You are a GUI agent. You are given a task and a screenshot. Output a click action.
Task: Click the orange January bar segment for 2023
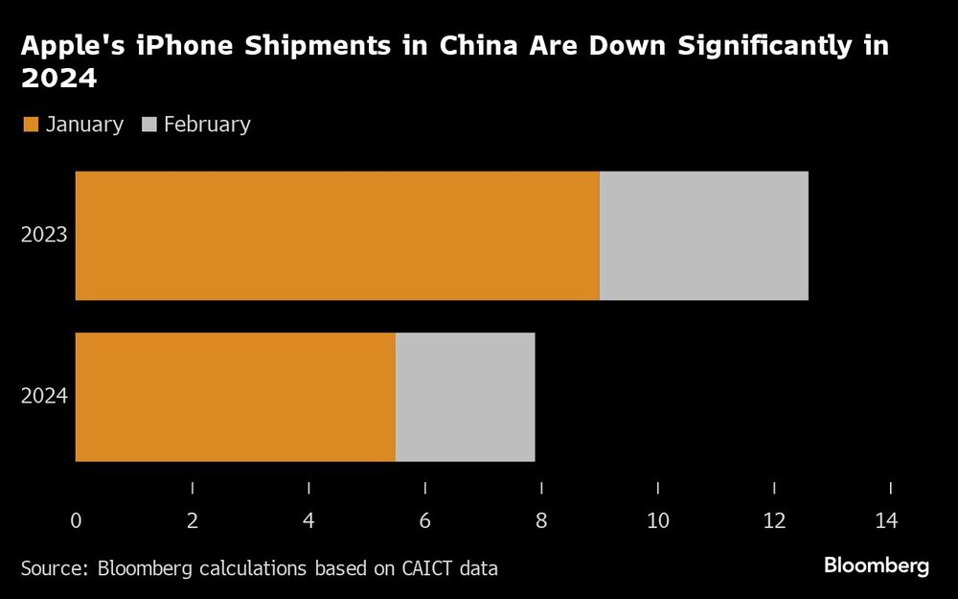point(337,236)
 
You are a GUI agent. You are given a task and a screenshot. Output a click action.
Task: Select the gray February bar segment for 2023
point(703,236)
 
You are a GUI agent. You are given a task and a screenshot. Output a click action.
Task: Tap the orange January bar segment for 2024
point(236,397)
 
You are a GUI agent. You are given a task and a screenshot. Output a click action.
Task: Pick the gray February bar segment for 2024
point(465,397)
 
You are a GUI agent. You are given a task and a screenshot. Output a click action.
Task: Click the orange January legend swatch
point(30,125)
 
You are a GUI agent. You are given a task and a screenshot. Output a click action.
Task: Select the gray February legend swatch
point(149,125)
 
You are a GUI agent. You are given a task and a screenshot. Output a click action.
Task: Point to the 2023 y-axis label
point(44,234)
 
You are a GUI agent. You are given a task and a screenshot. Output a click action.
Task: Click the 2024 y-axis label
point(44,395)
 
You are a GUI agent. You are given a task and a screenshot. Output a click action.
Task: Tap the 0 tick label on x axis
point(76,521)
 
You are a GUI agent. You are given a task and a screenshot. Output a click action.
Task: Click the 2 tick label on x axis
point(193,521)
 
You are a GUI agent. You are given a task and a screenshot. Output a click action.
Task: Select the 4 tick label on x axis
point(308,521)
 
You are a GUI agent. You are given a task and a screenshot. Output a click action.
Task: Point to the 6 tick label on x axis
point(424,521)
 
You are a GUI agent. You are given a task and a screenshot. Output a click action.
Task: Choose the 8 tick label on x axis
point(541,521)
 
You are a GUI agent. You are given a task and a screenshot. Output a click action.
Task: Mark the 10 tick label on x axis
point(657,521)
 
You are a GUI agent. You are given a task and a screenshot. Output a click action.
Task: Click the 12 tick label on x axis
point(773,521)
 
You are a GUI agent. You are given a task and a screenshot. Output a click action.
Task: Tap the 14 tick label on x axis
point(887,521)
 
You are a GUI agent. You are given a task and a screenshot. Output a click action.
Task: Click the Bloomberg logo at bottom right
point(876,566)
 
